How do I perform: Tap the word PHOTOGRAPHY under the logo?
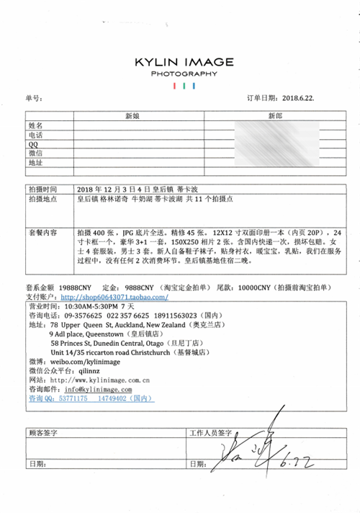click(x=184, y=74)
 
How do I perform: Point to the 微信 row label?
click(x=35, y=153)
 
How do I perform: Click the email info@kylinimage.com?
click(x=92, y=388)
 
